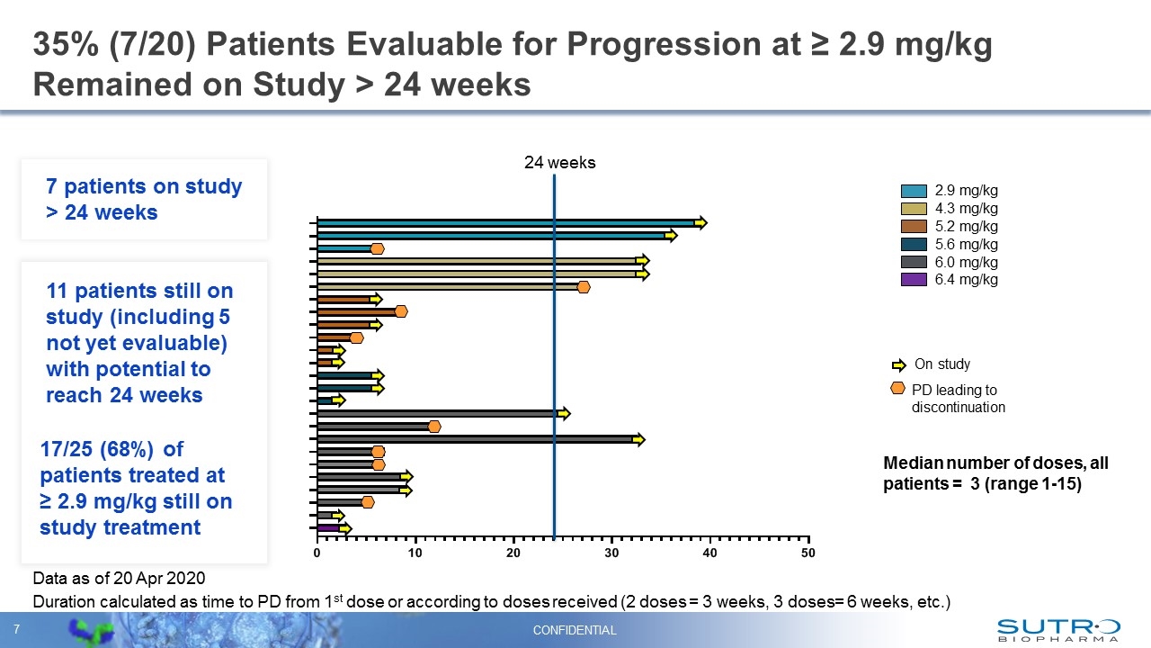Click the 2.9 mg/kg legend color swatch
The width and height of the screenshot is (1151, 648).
(914, 191)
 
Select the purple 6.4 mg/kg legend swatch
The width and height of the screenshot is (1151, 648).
(914, 280)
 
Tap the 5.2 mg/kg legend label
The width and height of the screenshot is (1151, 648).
(966, 226)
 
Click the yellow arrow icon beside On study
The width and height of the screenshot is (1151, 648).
(898, 364)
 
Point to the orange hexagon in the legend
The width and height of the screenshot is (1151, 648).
(897, 388)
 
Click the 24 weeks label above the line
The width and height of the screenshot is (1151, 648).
(559, 163)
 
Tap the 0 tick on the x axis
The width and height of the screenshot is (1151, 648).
(317, 553)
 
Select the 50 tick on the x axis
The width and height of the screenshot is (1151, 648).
(807, 553)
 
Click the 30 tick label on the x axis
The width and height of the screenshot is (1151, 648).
(611, 553)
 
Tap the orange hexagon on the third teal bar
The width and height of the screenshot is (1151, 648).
(377, 248)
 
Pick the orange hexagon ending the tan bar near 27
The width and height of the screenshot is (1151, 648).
(583, 287)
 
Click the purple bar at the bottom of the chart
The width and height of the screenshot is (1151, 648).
(328, 527)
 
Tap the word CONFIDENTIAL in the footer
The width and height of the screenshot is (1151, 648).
(575, 630)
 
